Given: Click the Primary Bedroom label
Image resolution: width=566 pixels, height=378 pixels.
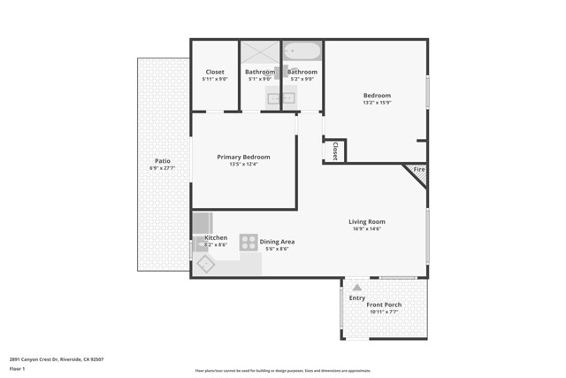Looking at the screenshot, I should point(243,157).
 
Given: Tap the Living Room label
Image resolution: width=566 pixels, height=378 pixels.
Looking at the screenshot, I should point(366,222).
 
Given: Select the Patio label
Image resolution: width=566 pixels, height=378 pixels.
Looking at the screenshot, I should point(162,161).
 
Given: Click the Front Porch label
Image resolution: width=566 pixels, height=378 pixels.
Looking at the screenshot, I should point(384,305).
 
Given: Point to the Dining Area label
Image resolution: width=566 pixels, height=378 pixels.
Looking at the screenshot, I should point(277,242).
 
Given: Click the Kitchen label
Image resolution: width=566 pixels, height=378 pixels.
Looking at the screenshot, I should point(216,238).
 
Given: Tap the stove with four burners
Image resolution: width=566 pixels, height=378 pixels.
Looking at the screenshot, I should point(249,242).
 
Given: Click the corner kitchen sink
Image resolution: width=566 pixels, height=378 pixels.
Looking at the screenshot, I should point(206,263).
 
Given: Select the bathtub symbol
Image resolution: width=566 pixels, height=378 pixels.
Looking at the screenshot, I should point(302,50).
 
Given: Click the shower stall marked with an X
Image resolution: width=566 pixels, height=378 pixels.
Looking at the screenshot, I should point(260,51).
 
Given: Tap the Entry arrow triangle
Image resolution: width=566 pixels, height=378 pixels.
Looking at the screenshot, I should point(356,288).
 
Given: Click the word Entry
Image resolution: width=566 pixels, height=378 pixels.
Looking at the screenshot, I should point(356,298).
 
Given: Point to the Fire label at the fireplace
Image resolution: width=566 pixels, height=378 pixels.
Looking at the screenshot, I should point(419,169).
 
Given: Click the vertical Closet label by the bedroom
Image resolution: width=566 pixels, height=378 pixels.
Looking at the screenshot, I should point(335,151).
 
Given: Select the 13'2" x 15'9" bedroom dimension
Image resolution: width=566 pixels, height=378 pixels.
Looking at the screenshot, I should point(377,103).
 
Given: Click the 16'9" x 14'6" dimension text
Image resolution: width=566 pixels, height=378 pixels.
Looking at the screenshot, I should point(366,229).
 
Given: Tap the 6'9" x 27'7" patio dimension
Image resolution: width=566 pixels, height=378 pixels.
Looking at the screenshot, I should point(162,168).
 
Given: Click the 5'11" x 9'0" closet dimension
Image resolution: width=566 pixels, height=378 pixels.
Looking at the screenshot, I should point(215,79).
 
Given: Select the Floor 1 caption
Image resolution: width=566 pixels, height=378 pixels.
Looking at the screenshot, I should point(18,368).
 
